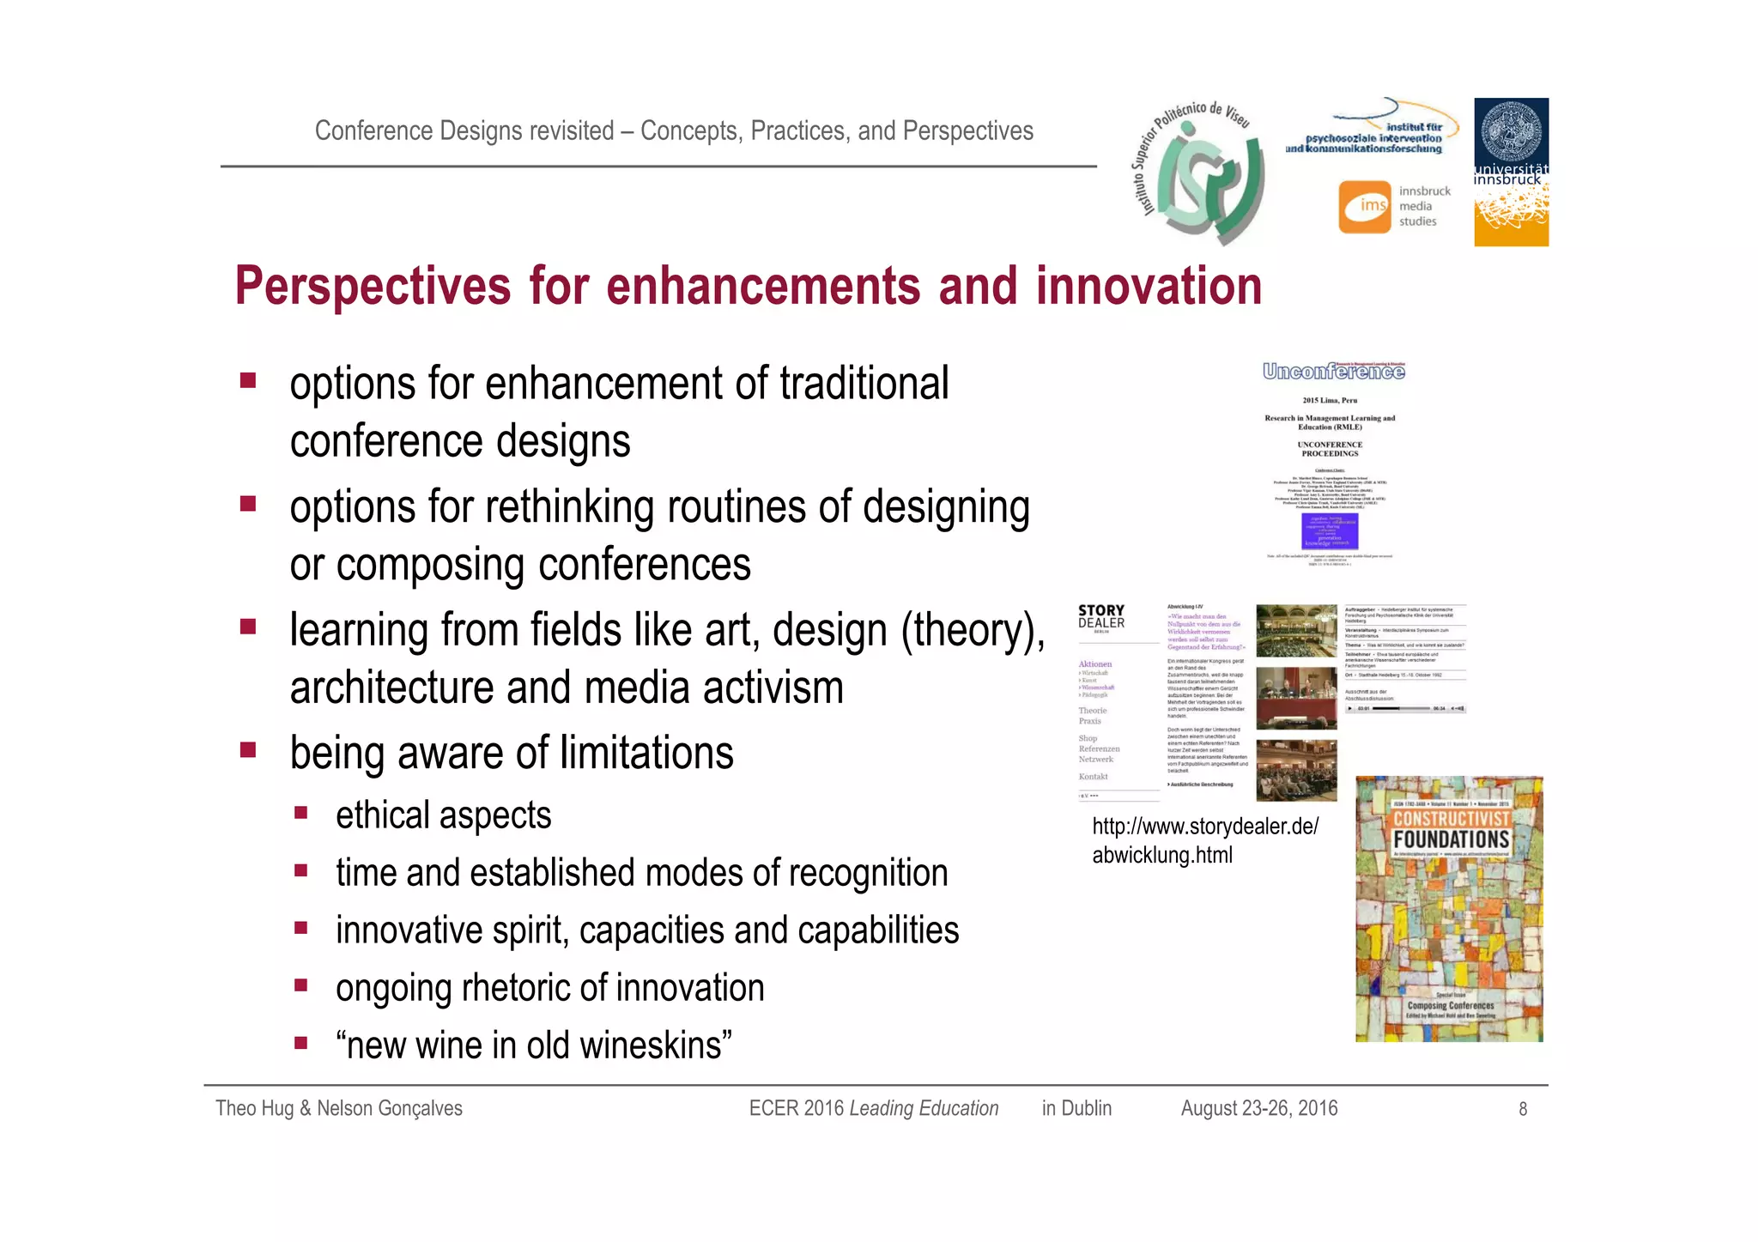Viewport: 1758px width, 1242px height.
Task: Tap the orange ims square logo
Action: (x=1364, y=206)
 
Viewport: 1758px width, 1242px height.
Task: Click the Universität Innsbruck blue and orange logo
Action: (x=1511, y=172)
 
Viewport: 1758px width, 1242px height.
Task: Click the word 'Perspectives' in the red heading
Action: (x=373, y=287)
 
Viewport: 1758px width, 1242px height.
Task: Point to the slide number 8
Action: (x=1523, y=1109)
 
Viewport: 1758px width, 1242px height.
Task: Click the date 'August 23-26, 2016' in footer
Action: (x=1258, y=1108)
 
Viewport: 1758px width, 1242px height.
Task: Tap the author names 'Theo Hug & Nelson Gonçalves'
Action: (x=338, y=1108)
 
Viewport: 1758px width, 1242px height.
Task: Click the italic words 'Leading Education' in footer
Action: (x=924, y=1108)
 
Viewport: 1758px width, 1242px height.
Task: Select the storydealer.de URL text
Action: (x=1204, y=840)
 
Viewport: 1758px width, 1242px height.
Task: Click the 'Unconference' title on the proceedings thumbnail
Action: (x=1333, y=372)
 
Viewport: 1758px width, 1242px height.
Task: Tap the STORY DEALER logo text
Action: (x=1101, y=616)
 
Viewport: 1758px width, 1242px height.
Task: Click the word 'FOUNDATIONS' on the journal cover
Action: (x=1451, y=839)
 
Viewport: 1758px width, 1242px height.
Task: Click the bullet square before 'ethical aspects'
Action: (x=300, y=813)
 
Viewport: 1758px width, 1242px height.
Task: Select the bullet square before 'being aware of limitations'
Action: (x=248, y=750)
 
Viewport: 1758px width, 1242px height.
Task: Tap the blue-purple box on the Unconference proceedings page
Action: (x=1330, y=530)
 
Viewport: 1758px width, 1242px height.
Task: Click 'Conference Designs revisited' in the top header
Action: (x=464, y=130)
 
